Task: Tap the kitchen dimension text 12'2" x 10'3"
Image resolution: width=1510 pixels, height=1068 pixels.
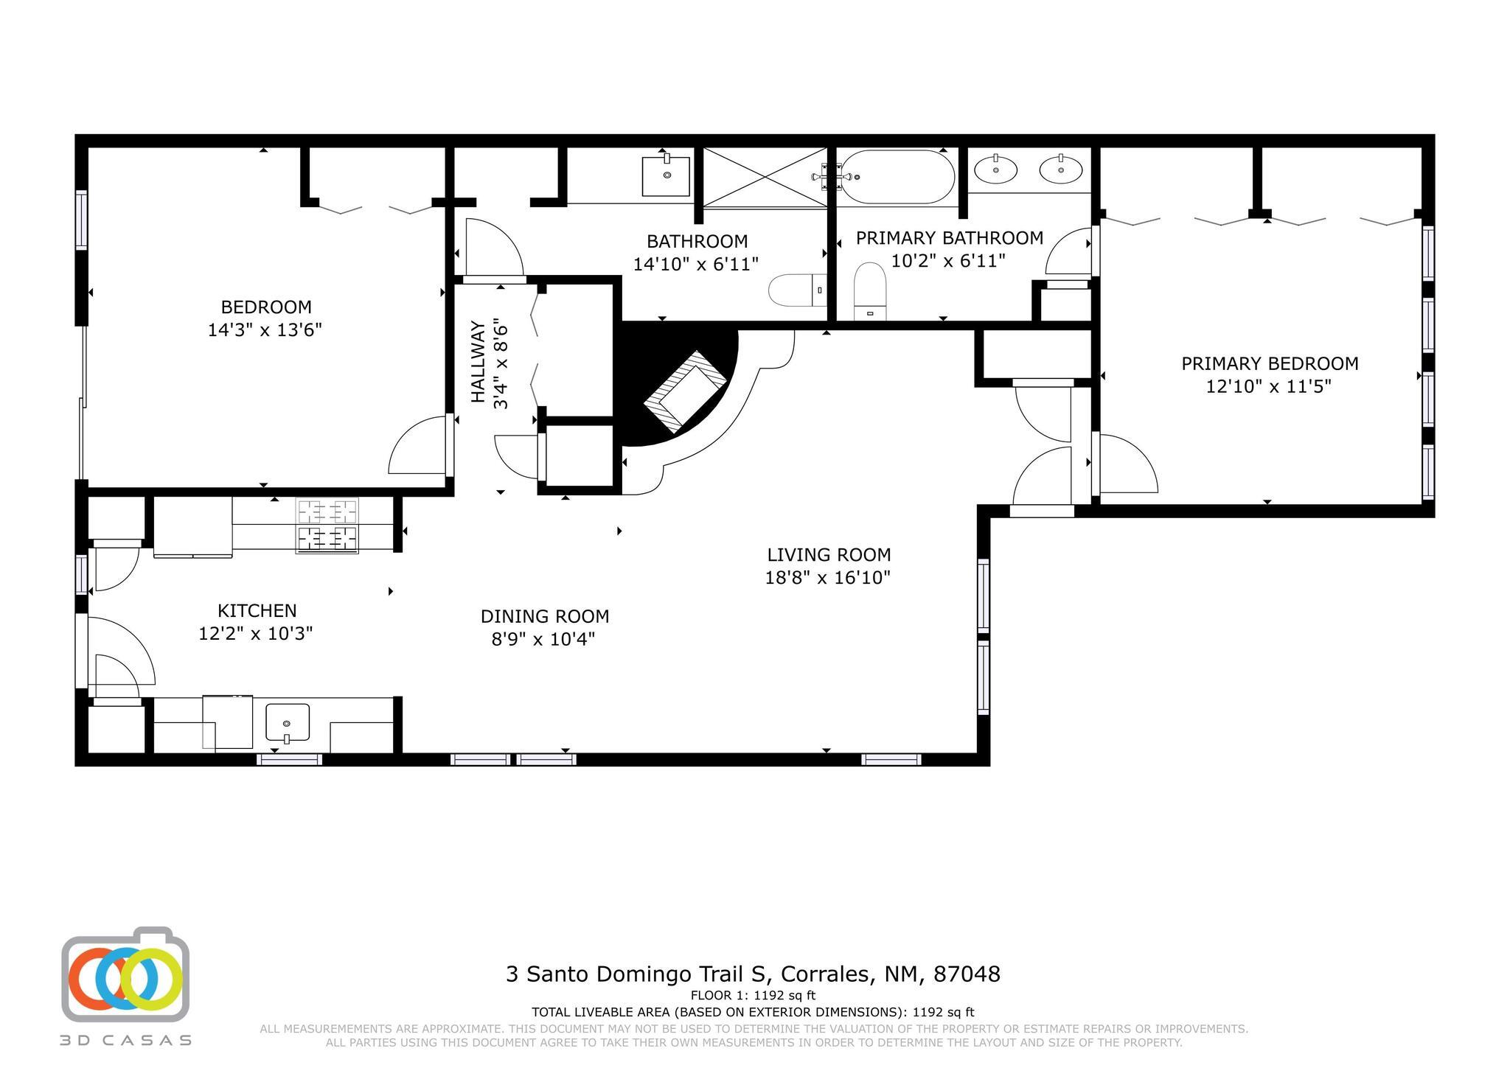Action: (256, 633)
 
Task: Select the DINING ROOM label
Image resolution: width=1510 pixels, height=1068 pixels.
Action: (545, 616)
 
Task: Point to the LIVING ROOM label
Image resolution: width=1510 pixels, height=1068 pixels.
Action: (829, 554)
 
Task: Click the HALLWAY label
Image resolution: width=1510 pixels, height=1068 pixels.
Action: (479, 362)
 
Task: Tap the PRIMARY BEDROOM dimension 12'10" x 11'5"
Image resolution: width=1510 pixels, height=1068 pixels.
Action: (1268, 386)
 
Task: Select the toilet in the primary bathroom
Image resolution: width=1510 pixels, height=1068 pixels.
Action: (870, 292)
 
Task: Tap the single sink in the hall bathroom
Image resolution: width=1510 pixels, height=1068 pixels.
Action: (667, 175)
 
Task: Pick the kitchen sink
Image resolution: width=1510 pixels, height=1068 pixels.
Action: (287, 723)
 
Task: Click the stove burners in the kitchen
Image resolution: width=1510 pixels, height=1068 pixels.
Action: (327, 526)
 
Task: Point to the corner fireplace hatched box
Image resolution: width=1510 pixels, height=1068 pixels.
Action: (685, 391)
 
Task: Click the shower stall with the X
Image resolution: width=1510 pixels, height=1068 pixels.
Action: (765, 178)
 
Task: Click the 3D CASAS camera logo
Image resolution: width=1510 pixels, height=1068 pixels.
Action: (125, 973)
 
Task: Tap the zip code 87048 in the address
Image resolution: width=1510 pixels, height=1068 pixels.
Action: (967, 974)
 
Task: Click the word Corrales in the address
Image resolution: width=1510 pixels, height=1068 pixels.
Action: (823, 974)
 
